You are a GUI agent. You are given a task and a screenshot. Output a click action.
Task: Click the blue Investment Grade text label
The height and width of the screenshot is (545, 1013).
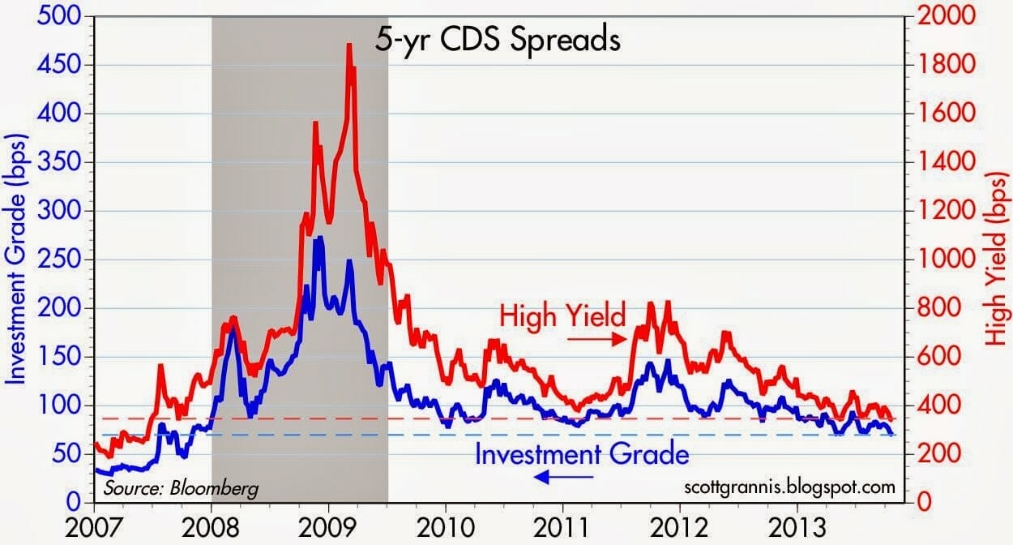[582, 454]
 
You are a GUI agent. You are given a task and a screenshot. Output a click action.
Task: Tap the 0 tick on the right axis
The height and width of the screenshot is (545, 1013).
[921, 503]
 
